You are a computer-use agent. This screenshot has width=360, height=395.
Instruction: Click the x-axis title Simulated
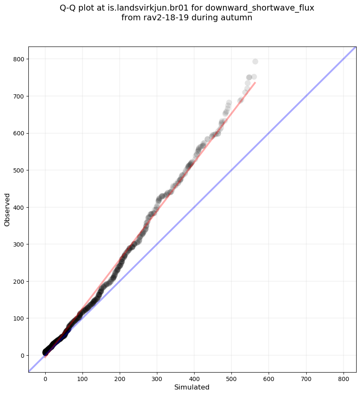click(x=192, y=387)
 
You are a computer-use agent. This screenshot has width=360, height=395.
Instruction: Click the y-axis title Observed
click(x=7, y=209)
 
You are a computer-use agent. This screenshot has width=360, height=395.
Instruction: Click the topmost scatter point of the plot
click(x=255, y=61)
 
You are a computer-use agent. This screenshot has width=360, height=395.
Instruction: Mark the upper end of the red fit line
click(x=255, y=82)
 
